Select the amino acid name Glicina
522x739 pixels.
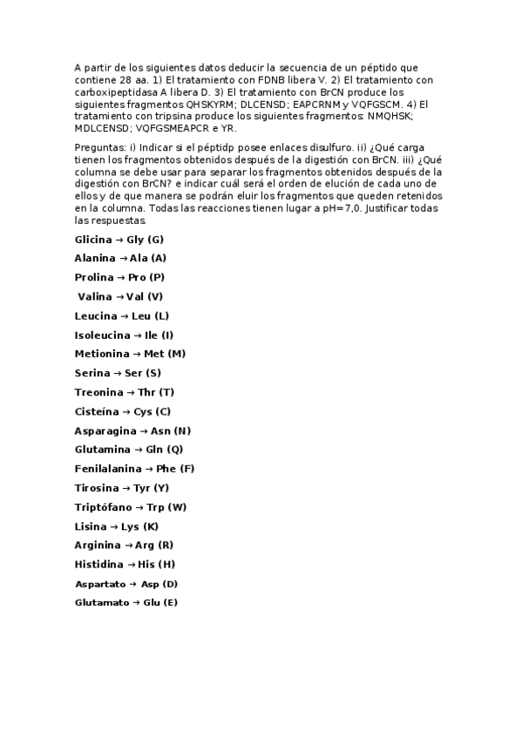coord(93,240)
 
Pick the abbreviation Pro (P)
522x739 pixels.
coord(146,277)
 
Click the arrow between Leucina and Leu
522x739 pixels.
coord(122,315)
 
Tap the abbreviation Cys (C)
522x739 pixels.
coord(153,411)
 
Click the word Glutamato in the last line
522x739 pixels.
coord(102,603)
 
